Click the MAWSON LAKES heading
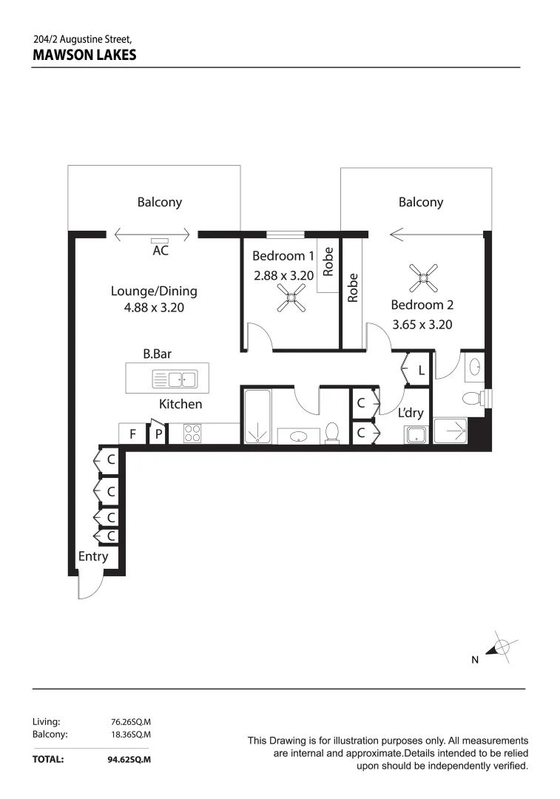tap(84, 55)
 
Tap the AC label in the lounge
tap(161, 251)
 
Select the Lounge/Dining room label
tap(154, 291)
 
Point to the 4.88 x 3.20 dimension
tap(154, 307)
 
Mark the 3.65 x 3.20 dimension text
tap(422, 324)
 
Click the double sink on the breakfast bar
tap(175, 380)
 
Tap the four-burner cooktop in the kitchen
tap(192, 433)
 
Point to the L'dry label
tap(411, 413)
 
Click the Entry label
tap(93, 556)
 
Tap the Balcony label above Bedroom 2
tap(420, 202)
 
